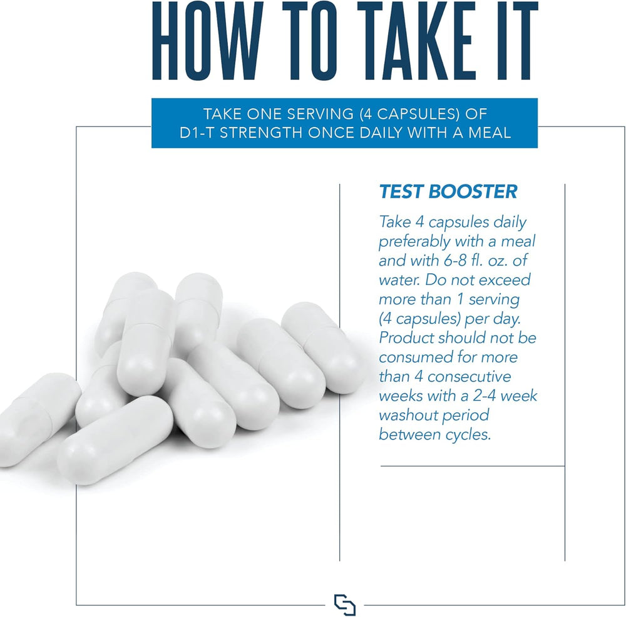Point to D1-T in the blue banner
pos(197,133)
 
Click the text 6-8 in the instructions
pos(455,261)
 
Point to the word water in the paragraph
pos(399,280)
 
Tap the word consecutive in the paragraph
pos(469,377)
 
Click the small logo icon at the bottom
pos(344,605)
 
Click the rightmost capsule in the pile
pos(323,347)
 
